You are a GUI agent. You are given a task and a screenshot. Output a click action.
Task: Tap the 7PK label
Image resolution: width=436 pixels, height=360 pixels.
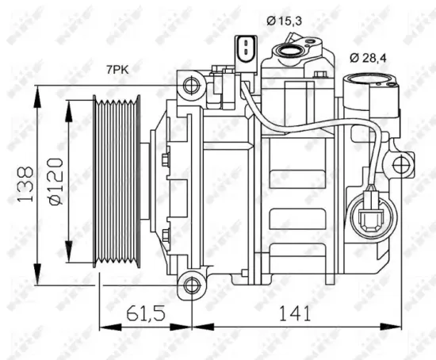[119, 71]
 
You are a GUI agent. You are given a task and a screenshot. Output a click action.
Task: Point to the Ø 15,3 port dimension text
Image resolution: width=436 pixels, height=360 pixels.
[285, 21]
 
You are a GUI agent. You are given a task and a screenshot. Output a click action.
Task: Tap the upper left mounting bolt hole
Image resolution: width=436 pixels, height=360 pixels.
[189, 84]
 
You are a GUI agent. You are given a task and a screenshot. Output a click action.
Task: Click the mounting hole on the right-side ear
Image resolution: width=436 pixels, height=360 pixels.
[403, 165]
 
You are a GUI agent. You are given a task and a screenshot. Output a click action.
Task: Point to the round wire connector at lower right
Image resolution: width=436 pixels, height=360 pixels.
[369, 215]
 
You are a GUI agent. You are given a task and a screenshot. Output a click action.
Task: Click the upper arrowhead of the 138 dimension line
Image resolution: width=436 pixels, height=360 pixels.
[37, 89]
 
